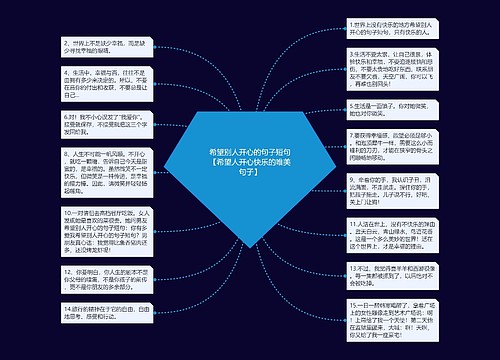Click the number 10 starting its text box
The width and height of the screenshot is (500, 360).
[x=66, y=241]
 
